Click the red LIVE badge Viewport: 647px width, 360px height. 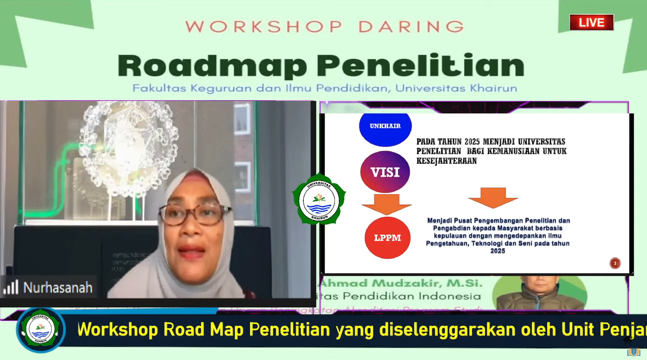(591, 22)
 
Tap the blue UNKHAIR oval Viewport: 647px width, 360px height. (385, 127)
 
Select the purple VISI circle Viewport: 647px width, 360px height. (385, 172)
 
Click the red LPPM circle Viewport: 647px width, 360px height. (387, 237)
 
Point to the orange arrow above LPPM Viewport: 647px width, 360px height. (386, 203)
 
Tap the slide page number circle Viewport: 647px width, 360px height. (615, 263)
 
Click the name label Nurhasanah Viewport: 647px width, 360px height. (58, 288)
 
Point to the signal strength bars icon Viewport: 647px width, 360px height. (11, 287)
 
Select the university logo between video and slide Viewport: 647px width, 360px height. (319, 199)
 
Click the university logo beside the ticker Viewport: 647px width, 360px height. (41, 330)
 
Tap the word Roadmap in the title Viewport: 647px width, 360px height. (212, 66)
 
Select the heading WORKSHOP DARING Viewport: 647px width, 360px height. (325, 26)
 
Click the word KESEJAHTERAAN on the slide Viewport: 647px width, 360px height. (446, 161)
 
